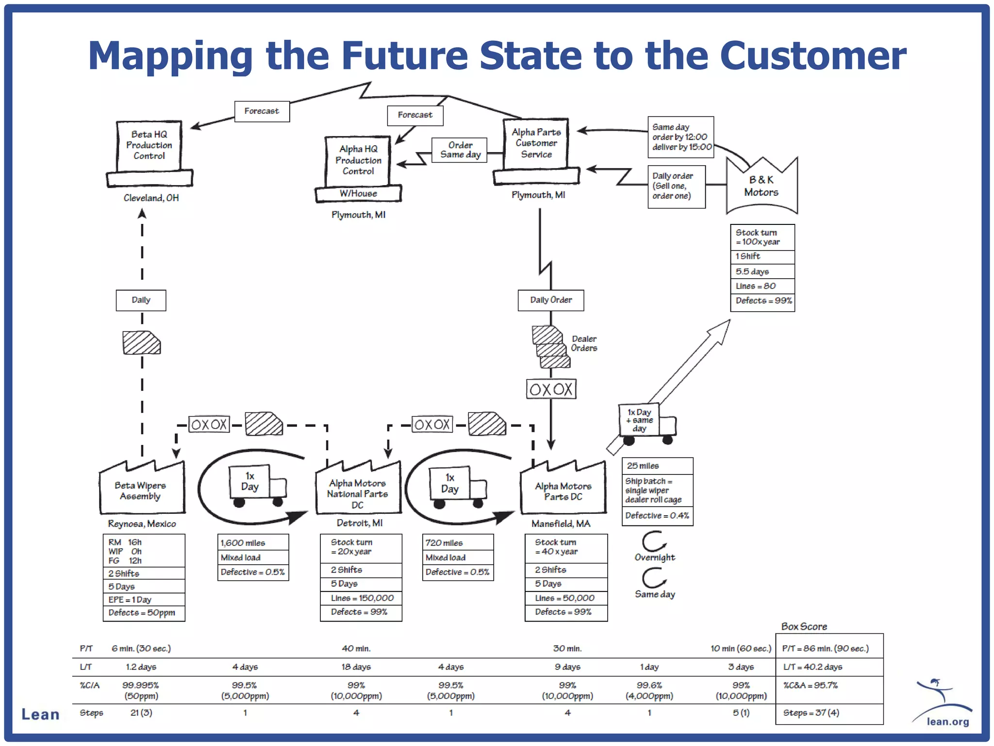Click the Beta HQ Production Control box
click(x=149, y=146)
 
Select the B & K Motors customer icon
click(x=762, y=186)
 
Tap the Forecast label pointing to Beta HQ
click(x=262, y=111)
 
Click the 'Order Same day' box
click(x=460, y=150)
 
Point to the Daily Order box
click(x=550, y=300)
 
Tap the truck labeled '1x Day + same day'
click(x=645, y=422)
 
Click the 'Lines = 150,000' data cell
click(x=362, y=598)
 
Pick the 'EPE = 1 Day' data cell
click(x=144, y=599)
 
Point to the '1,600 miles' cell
click(x=253, y=543)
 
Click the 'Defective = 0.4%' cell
click(x=657, y=516)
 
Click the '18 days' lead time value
click(x=356, y=667)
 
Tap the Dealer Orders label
click(x=583, y=343)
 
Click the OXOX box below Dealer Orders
click(x=551, y=389)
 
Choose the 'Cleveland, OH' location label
click(x=151, y=198)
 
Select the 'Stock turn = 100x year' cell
click(x=762, y=237)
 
